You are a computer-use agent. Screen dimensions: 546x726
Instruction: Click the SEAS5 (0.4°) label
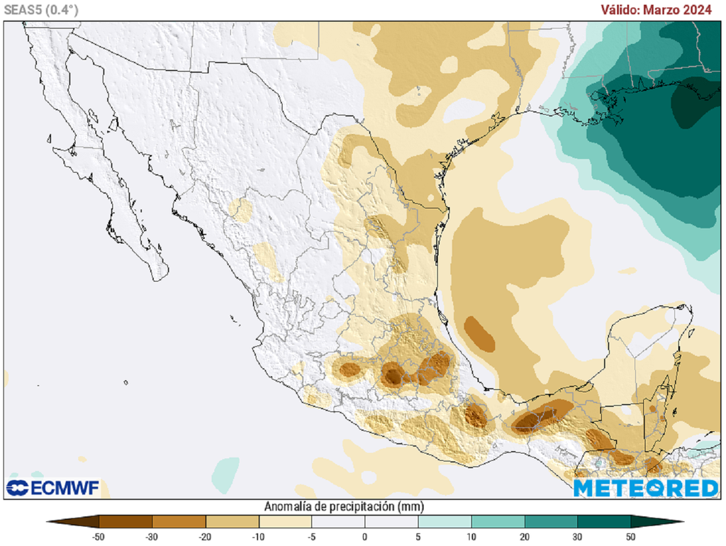pos(41,9)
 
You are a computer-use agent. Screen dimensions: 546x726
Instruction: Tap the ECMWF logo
pos(53,488)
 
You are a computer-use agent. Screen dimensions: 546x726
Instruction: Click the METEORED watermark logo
pos(645,488)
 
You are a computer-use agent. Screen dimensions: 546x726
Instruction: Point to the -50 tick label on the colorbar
pos(99,537)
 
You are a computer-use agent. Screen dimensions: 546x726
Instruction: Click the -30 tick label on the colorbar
pos(152,537)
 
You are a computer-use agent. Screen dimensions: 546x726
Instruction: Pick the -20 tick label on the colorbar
pos(205,537)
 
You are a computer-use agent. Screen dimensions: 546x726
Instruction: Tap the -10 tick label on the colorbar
pos(258,537)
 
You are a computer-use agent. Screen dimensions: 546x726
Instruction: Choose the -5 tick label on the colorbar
pos(311,537)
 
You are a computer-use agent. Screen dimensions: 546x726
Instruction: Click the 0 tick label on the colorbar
pos(364,537)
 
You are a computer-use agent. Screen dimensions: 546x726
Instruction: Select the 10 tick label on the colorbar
pos(471,537)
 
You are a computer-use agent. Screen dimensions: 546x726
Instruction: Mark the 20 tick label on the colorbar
pos(525,537)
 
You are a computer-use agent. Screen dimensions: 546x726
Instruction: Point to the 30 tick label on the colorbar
pos(578,537)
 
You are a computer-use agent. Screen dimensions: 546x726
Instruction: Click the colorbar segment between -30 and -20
pos(179,523)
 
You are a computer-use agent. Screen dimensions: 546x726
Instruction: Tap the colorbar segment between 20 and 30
pos(551,523)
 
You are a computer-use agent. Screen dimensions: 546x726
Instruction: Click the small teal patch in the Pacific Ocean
pos(226,473)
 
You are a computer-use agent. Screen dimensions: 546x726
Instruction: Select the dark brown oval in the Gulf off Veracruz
pos(480,334)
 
